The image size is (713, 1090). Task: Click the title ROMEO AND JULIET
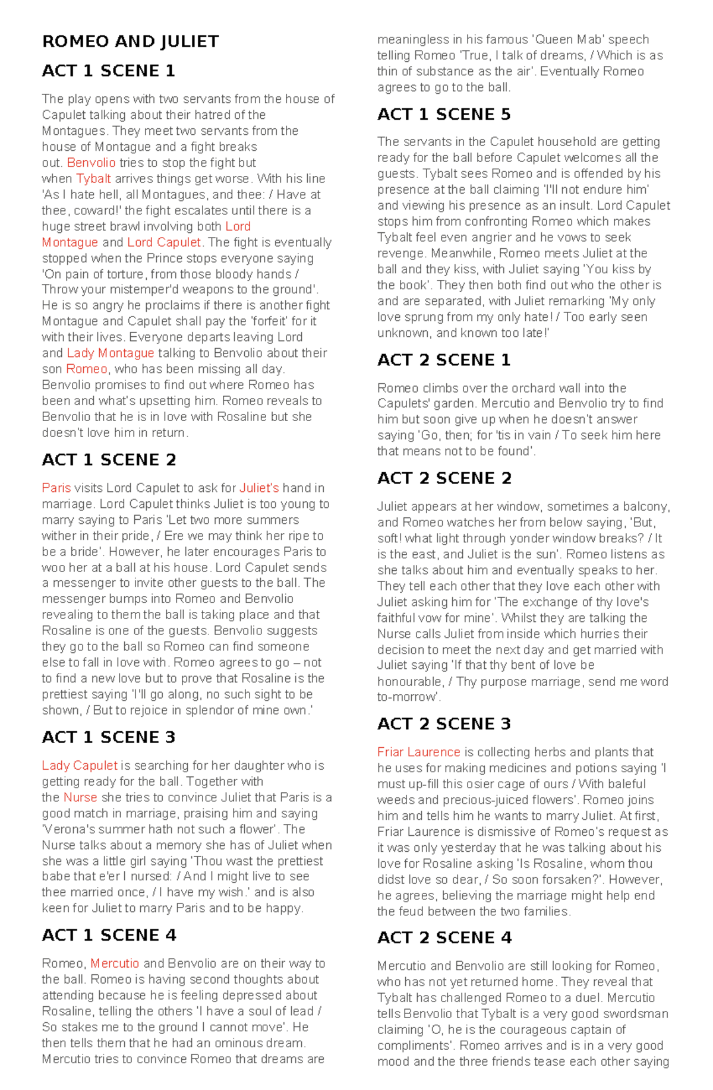[130, 42]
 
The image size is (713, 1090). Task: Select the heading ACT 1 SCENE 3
[109, 737]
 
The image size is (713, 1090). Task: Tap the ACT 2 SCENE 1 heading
[444, 360]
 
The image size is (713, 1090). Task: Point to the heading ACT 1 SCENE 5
[444, 114]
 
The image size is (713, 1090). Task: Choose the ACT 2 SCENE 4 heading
[444, 937]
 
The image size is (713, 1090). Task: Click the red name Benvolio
[91, 163]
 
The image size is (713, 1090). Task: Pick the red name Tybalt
[93, 179]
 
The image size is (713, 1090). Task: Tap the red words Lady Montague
[110, 353]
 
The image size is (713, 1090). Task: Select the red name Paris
[56, 488]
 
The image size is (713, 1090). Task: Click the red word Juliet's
[259, 488]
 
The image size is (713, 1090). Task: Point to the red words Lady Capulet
[80, 766]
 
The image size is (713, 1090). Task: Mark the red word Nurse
[80, 798]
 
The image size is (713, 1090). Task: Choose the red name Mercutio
[115, 963]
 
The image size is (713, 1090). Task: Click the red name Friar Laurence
[419, 752]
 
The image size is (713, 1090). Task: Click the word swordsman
[637, 1014]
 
